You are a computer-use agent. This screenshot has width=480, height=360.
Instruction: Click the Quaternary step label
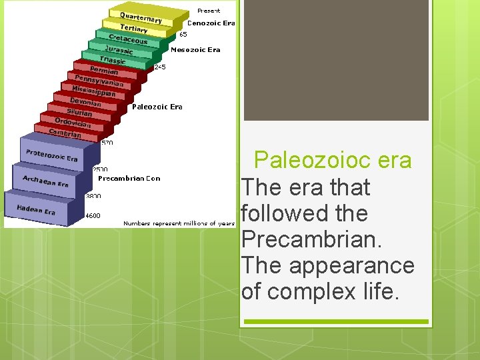click(141, 17)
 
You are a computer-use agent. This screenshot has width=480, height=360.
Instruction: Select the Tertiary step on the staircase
click(134, 29)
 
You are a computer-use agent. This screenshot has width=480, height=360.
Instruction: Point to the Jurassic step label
click(119, 50)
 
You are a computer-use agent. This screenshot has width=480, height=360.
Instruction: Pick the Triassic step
click(113, 60)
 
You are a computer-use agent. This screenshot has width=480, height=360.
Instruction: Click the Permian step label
click(104, 71)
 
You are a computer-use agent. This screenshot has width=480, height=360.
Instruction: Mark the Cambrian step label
click(65, 133)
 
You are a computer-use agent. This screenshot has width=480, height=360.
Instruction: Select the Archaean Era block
click(45, 181)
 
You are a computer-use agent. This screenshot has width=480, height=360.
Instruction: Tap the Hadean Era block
click(36, 209)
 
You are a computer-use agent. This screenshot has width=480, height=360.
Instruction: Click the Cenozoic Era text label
click(211, 23)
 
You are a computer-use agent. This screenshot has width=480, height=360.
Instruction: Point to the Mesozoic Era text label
click(195, 49)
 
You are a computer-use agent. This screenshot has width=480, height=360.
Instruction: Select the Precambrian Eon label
click(129, 178)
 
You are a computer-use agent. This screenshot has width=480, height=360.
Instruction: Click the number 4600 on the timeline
click(93, 215)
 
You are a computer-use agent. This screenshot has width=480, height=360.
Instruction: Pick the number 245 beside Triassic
click(160, 67)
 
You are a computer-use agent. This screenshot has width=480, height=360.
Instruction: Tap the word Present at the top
click(208, 11)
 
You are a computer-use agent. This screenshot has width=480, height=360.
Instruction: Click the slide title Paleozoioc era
click(333, 161)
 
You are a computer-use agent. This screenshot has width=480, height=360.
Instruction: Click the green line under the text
click(335, 321)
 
